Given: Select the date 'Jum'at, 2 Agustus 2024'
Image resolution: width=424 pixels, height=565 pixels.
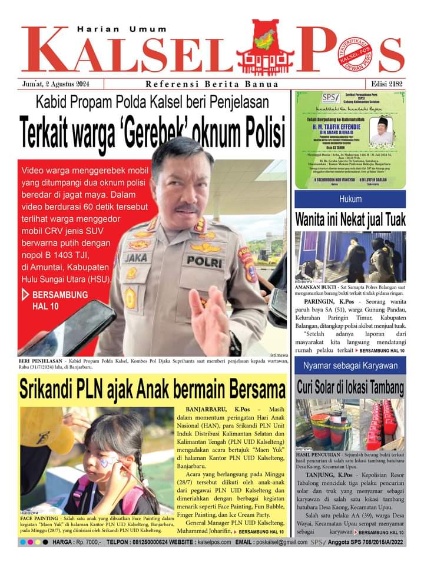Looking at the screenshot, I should click(62, 84).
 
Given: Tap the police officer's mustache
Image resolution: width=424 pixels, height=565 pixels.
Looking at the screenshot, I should click(187, 208).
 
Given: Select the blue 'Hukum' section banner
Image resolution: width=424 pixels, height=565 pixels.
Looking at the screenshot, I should click(350, 199).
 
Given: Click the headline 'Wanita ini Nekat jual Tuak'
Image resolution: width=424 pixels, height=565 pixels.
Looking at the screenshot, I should click(350, 220).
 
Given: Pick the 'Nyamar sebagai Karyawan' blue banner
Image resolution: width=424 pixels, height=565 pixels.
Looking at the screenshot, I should click(350, 366).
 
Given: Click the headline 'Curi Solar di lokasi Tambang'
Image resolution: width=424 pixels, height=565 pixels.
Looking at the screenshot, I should click(350, 388).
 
